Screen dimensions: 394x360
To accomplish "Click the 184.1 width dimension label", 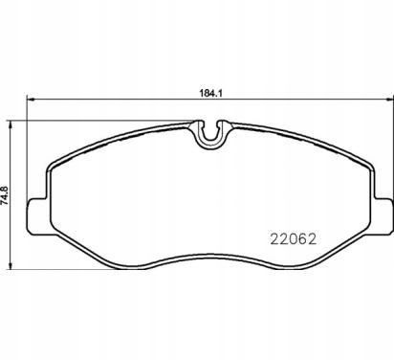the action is (210, 94).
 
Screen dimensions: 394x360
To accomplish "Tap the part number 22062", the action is (294, 238).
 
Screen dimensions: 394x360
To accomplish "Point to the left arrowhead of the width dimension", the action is (30, 100).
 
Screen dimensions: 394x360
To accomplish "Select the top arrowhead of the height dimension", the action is (11, 124).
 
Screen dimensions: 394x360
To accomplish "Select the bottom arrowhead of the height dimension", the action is (11, 264).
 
